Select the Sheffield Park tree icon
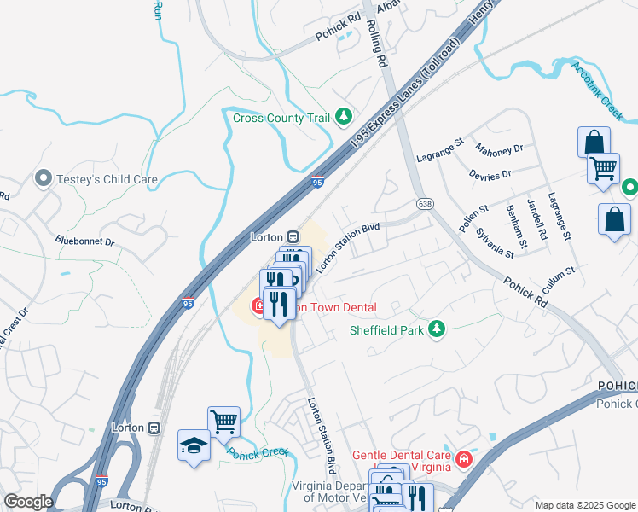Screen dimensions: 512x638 437,329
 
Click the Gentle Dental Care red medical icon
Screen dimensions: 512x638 463,460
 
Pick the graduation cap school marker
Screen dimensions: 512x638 194,445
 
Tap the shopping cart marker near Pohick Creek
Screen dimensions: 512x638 223,421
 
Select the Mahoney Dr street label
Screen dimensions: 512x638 499,150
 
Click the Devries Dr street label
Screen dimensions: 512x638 490,174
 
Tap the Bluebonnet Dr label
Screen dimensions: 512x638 84,241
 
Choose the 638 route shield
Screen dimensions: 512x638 425,203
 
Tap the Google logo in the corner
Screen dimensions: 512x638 28,502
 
